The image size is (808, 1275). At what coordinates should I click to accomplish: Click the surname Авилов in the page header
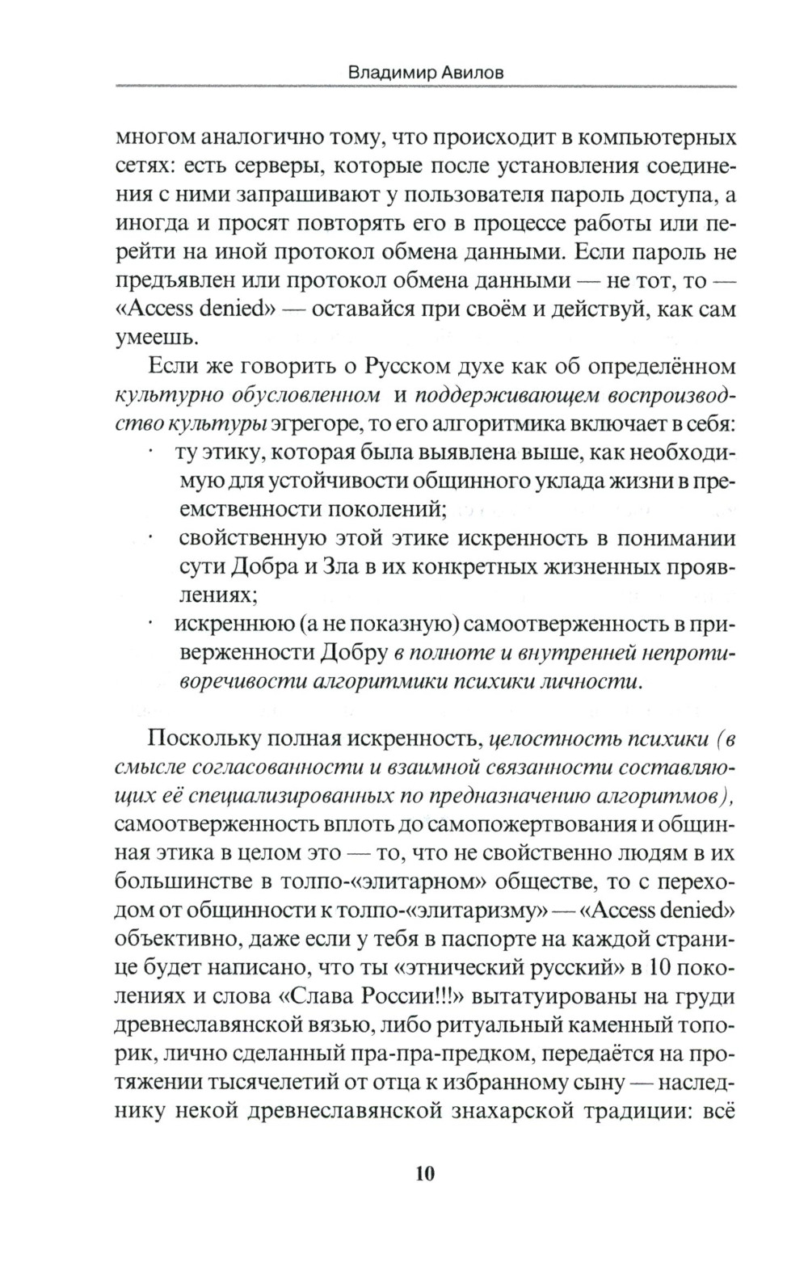[x=477, y=72]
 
